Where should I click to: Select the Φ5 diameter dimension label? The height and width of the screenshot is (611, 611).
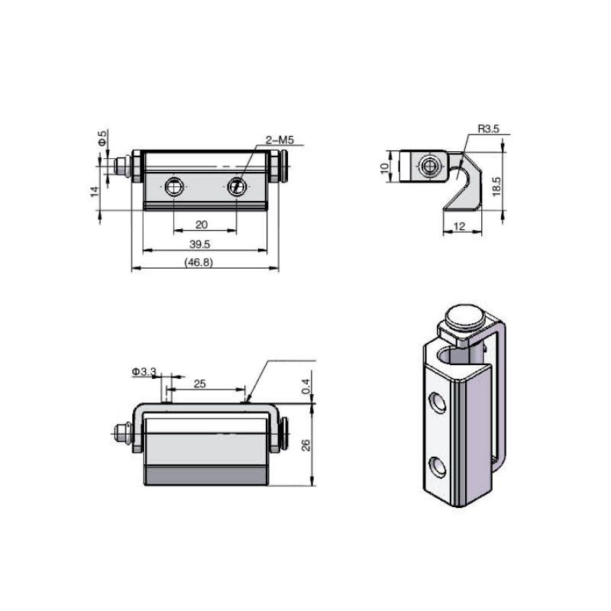tap(102, 138)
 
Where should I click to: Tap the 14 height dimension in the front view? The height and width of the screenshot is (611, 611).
tap(95, 192)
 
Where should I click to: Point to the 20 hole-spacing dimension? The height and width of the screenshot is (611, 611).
tap(202, 224)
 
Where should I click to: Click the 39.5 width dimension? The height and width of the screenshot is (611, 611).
tap(200, 244)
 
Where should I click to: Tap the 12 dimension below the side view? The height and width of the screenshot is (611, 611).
tap(459, 226)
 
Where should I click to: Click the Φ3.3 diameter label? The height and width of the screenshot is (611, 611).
tap(144, 371)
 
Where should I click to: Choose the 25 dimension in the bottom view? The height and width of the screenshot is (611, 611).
tap(199, 384)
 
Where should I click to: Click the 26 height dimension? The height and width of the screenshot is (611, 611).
tap(306, 445)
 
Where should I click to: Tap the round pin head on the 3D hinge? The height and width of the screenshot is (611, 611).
tap(464, 315)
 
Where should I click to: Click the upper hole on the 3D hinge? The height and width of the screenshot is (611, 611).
tap(438, 402)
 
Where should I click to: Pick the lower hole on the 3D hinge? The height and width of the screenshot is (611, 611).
tap(438, 465)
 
